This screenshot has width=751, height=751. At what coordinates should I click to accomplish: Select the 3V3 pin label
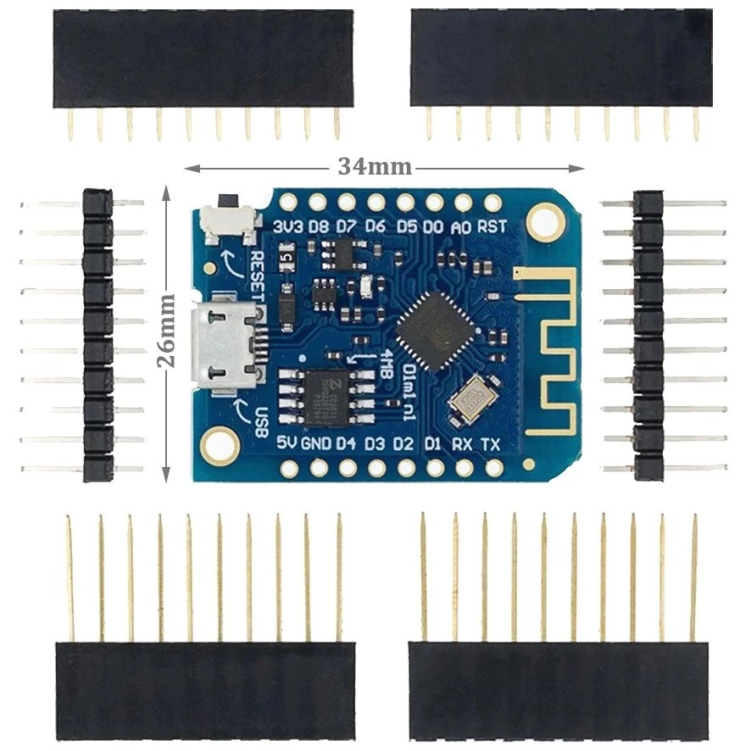coord(290,225)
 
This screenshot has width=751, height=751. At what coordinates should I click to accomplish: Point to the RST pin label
coord(492,225)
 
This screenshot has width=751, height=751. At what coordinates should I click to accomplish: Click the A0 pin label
coord(462,225)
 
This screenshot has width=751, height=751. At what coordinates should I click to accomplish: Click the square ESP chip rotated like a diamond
coord(436,331)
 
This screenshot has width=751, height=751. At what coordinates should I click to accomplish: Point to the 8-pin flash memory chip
coord(326,397)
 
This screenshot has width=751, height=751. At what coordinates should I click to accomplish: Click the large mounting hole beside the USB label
coord(220,445)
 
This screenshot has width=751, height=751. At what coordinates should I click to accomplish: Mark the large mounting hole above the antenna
coord(544,222)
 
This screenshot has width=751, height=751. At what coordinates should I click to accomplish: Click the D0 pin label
coord(433,225)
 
